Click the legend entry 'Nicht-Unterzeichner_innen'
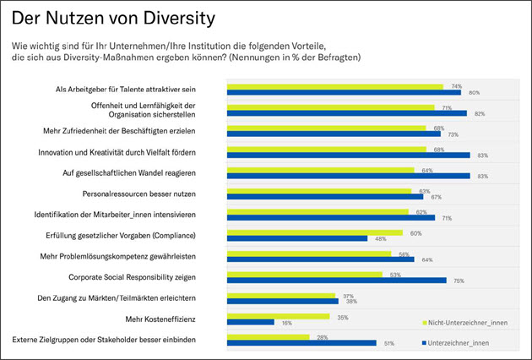point(467,323)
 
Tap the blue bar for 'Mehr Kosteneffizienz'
point(251,322)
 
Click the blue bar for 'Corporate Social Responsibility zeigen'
point(336,280)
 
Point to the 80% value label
point(474,92)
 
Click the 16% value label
point(285,322)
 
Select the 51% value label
point(388,343)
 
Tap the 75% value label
point(459,280)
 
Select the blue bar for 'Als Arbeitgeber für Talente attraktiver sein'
point(344,92)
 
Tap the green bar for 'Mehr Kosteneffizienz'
point(278,317)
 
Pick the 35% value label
point(342,316)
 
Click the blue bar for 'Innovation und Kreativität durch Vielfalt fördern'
point(349,155)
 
